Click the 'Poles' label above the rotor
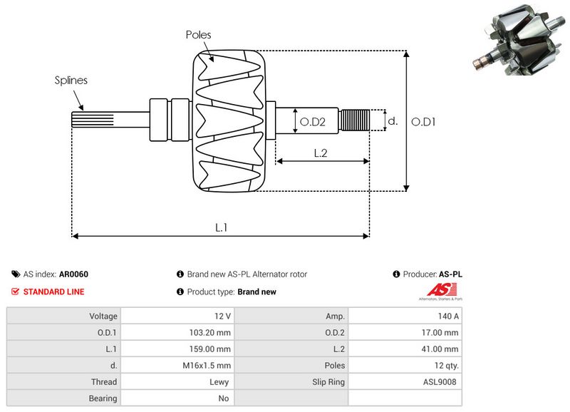[198, 34]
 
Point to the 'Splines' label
[71, 80]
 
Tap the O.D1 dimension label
[424, 122]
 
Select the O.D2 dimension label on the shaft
[312, 122]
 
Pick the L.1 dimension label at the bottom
[221, 227]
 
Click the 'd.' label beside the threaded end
[392, 122]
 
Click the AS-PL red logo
[436, 289]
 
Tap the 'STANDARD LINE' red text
[53, 292]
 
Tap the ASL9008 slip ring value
[442, 382]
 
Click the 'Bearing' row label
[103, 398]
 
